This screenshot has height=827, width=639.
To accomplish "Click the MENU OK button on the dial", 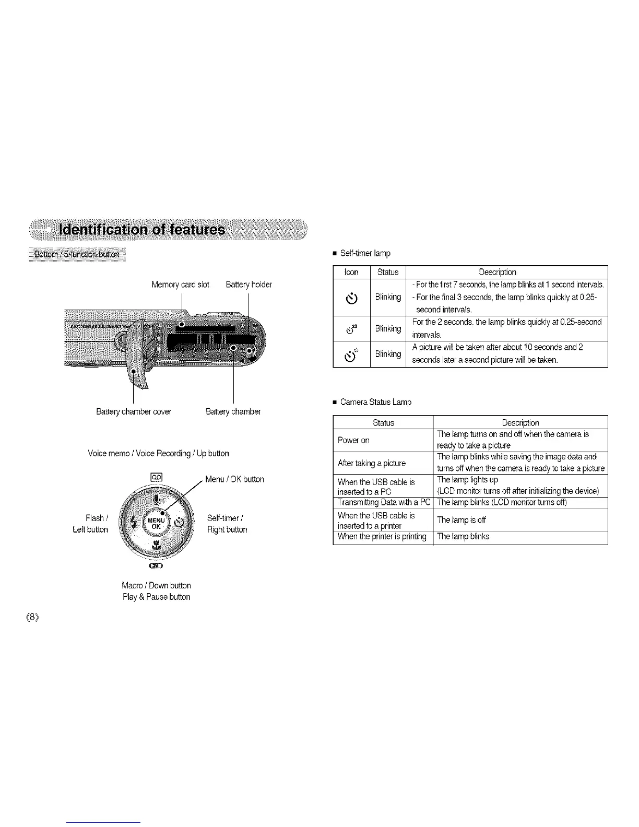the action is [156, 523].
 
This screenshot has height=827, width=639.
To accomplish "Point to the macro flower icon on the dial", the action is [156, 546].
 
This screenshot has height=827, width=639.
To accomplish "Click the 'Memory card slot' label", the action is [180, 285].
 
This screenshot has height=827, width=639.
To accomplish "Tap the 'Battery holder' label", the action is [249, 285].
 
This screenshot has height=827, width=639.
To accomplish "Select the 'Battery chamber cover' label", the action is [134, 411].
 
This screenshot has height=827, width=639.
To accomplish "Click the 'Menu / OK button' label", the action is [234, 479].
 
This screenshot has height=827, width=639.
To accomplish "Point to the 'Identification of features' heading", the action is [143, 230].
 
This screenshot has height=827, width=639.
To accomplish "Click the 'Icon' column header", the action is [351, 272].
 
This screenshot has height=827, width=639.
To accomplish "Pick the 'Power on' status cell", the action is [353, 440].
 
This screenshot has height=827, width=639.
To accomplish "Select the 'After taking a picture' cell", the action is [371, 463].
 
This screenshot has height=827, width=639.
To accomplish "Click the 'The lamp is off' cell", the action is [461, 520].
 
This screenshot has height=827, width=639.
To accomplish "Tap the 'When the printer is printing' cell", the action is [382, 537].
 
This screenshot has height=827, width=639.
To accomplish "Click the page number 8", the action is [33, 617].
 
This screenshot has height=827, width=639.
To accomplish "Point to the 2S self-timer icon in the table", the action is [351, 328].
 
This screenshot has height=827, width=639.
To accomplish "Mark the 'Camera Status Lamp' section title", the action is [375, 402].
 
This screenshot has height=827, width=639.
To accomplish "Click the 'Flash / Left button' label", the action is [90, 524].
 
